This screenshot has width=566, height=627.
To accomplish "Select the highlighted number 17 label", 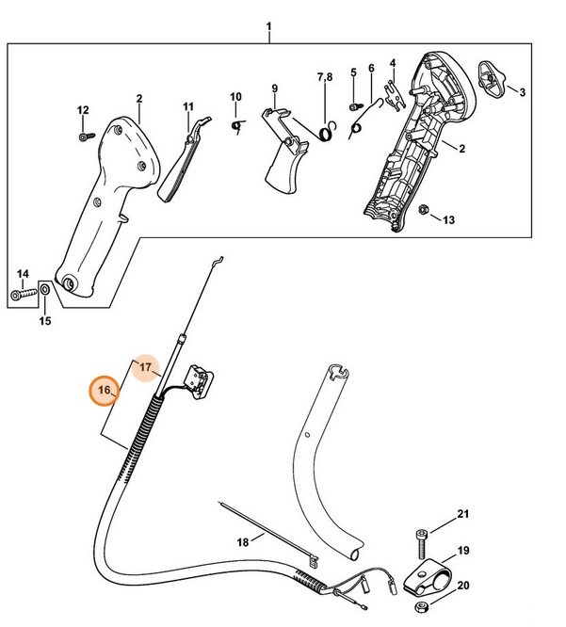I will (x=146, y=366).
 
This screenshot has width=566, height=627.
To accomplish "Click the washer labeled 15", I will (x=44, y=288).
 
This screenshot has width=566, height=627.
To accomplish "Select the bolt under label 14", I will (x=22, y=296).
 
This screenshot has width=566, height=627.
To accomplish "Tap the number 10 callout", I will (x=235, y=96).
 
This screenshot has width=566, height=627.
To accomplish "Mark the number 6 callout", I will (x=371, y=68).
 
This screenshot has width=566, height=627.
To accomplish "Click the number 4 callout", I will (x=394, y=63).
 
